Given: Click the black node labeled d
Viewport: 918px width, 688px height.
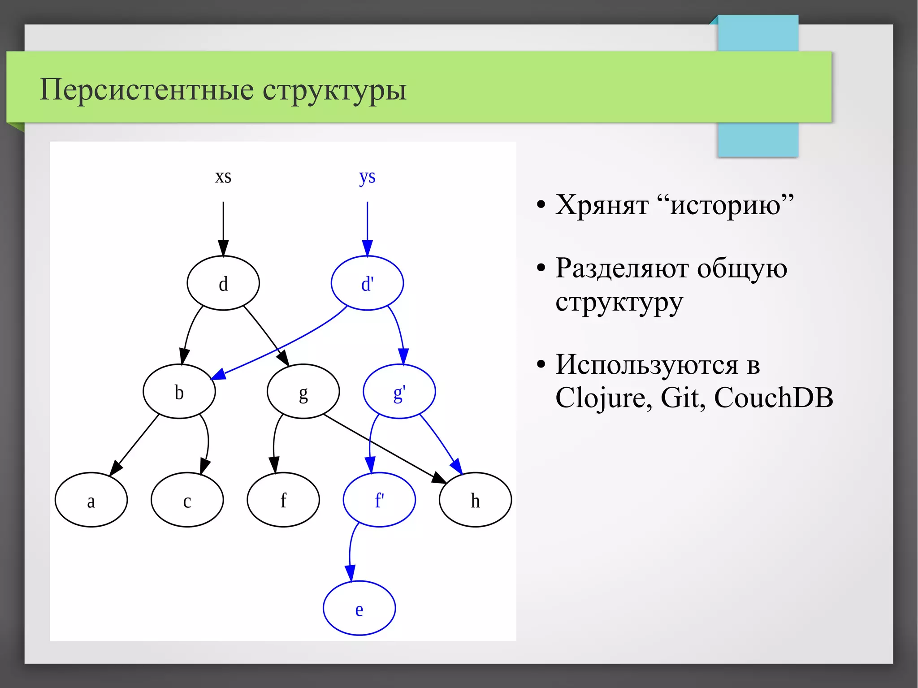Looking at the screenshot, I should (x=223, y=283).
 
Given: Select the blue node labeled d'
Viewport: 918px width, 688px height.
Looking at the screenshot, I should (x=367, y=283).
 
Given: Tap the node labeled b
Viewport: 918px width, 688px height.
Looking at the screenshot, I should (x=179, y=392).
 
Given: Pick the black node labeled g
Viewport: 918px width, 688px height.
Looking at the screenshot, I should (x=303, y=392).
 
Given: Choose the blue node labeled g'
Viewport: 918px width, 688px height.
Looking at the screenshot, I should (x=399, y=392).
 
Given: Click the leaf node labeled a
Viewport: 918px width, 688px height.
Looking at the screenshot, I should (x=91, y=500).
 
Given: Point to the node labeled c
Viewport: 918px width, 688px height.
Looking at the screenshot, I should (x=187, y=500).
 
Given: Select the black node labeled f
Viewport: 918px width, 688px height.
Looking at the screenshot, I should (x=283, y=500).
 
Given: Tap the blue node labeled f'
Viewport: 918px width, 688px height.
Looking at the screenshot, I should (x=379, y=500).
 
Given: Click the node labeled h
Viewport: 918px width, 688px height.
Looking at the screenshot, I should (x=475, y=500).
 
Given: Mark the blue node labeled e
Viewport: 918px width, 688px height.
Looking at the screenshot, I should (x=359, y=608).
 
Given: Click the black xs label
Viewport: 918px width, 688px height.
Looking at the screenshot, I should (x=223, y=177).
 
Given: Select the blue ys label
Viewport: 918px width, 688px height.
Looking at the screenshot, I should (x=367, y=177).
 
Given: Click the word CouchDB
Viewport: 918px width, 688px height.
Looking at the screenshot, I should (x=773, y=398).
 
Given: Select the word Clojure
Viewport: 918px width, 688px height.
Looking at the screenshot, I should (x=603, y=398).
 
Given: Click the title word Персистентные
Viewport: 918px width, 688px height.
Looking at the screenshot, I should (x=146, y=89).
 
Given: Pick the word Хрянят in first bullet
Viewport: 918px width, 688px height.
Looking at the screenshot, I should (x=602, y=205).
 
